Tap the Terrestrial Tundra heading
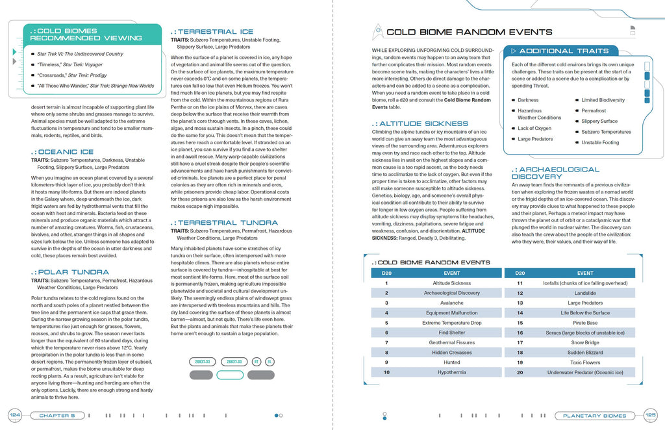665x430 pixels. [x=219, y=223]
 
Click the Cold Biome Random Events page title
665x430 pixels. [x=469, y=32]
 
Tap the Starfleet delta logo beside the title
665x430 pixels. [x=377, y=32]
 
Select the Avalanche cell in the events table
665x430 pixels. [x=451, y=303]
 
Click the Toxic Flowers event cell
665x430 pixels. [x=585, y=362]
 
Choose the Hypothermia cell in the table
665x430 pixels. [x=451, y=372]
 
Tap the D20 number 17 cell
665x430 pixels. [x=520, y=342]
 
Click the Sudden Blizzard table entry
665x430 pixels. [x=585, y=353]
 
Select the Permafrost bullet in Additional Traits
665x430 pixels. [x=594, y=110]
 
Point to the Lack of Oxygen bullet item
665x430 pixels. [x=534, y=129]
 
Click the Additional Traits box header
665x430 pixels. [x=564, y=51]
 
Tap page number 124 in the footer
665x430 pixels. [x=14, y=416]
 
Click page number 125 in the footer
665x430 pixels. [x=651, y=416]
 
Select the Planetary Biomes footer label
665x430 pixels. [x=594, y=416]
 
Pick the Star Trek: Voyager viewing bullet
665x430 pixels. [x=70, y=65]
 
